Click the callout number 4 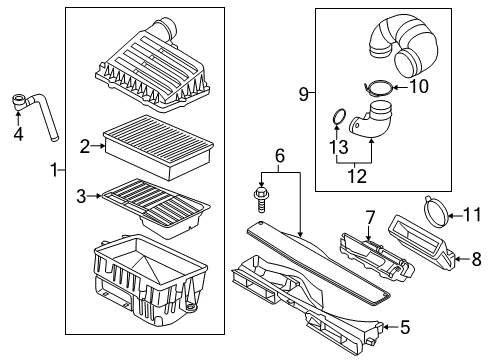pyautogui.click(x=18, y=134)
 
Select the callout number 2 pyautogui.click(x=85, y=146)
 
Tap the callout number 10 pyautogui.click(x=419, y=86)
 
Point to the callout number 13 pyautogui.click(x=339, y=147)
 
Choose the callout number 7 pyautogui.click(x=370, y=217)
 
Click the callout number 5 pyautogui.click(x=405, y=327)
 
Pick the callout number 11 pyautogui.click(x=473, y=215)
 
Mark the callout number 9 pyautogui.click(x=304, y=94)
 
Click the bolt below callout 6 pyautogui.click(x=261, y=199)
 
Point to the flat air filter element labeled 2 pyautogui.click(x=159, y=147)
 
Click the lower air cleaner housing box pyautogui.click(x=151, y=283)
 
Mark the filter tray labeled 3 pyautogui.click(x=156, y=208)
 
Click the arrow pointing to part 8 pyautogui.click(x=462, y=259)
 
